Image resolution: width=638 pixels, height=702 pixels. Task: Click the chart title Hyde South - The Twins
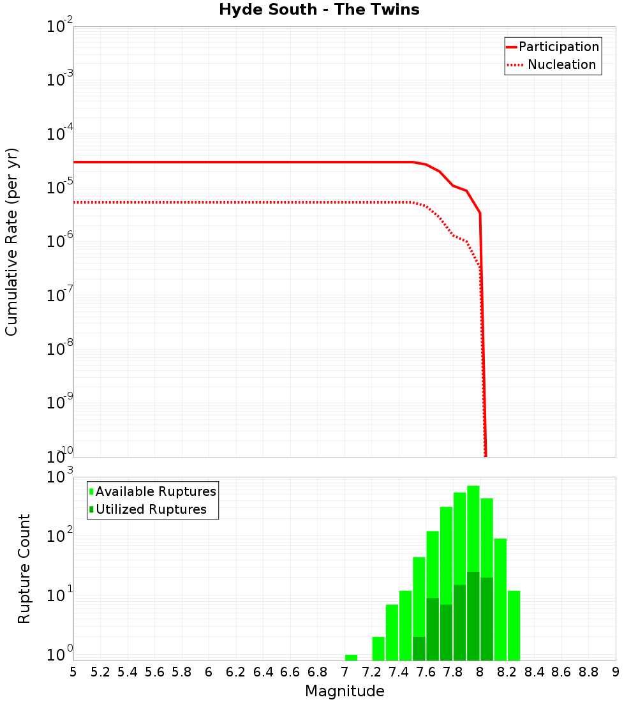pos(319,10)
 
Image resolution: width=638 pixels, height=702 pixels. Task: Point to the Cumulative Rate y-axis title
pos(11,242)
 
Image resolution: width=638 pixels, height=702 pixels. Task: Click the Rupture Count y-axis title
pos(24,569)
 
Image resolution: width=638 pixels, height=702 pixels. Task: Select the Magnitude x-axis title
pos(345,691)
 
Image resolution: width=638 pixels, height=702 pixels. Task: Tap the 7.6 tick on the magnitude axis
pos(426,672)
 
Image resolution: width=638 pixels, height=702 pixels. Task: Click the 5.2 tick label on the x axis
pos(101,672)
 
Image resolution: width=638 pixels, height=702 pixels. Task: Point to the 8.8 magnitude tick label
pos(588,672)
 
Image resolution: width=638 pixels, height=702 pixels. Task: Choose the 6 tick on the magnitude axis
pos(209,672)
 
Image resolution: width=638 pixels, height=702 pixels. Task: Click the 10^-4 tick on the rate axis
pos(59,134)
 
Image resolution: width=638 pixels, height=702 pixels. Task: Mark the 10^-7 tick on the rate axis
pos(59,295)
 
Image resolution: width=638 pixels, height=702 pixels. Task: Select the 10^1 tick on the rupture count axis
pos(61,595)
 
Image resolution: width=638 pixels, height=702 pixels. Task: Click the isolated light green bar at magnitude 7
pos(351,657)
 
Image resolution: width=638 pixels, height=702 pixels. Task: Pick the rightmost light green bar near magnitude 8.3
pos(514,625)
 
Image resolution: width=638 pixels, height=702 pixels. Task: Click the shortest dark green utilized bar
pos(419,648)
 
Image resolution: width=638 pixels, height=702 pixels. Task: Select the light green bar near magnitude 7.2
pos(378,648)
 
